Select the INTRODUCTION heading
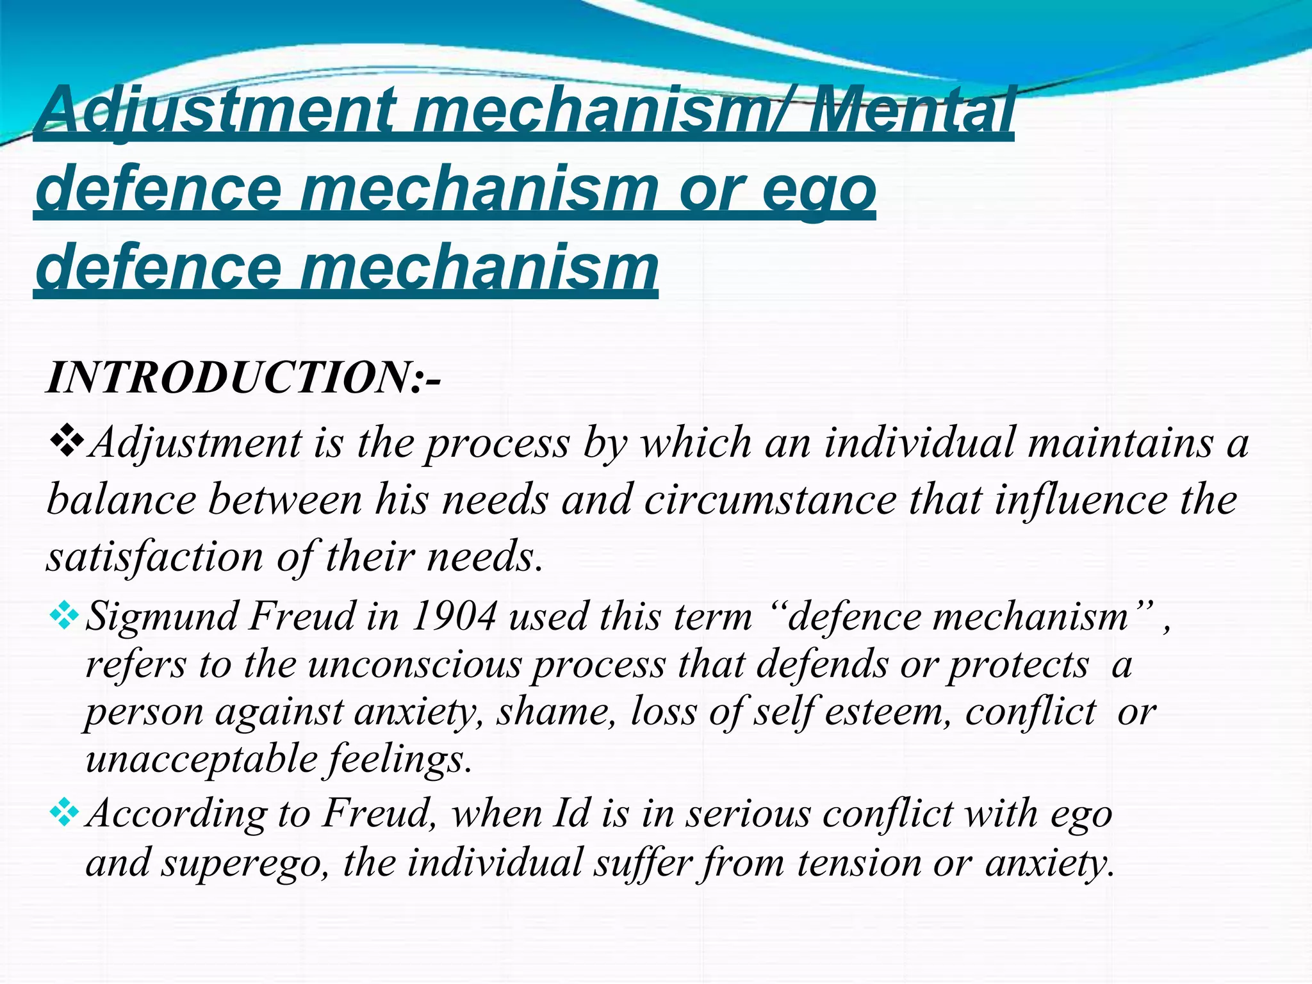click(243, 378)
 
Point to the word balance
click(121, 500)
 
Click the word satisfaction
click(154, 556)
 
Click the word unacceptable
click(201, 760)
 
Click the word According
click(176, 815)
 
